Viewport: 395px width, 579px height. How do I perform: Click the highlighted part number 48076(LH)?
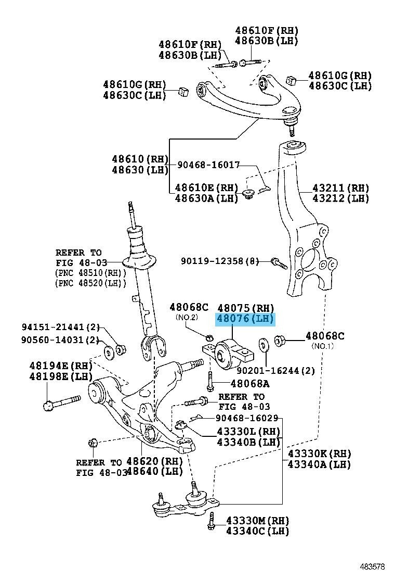(245, 319)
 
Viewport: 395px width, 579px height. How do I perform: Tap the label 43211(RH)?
(340, 187)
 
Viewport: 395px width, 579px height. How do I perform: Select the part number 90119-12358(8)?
(220, 260)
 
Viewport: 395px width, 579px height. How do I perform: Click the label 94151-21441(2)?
(60, 328)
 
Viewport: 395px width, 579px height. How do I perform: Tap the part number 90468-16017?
(208, 165)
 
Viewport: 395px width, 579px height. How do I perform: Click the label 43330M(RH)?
(257, 520)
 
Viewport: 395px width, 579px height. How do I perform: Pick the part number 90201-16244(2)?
(275, 371)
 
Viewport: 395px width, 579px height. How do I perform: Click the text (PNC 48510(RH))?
(91, 273)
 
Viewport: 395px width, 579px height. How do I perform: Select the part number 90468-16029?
(247, 418)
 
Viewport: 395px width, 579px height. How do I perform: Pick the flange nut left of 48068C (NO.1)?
(280, 342)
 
